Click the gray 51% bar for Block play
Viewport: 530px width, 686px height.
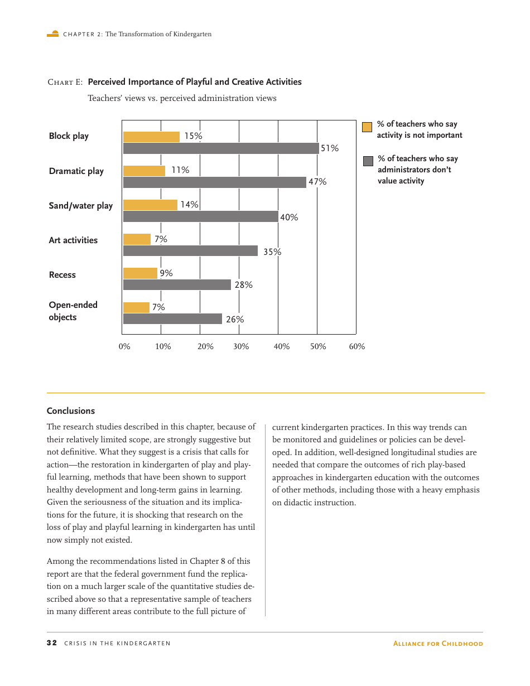pyautogui.click(x=221, y=148)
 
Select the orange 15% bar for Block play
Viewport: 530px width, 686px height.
pyautogui.click(x=151, y=137)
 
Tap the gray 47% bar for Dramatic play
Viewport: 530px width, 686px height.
pyautogui.click(x=214, y=182)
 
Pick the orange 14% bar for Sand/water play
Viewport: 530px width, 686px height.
pyautogui.click(x=150, y=205)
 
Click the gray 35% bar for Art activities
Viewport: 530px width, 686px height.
pyautogui.click(x=190, y=251)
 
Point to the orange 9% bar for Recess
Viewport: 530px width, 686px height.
pyautogui.click(x=140, y=273)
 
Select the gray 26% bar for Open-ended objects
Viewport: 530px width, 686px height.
pyautogui.click(x=172, y=319)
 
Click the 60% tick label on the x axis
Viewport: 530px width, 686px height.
pyautogui.click(x=357, y=347)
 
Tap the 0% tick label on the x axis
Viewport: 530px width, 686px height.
pyautogui.click(x=124, y=347)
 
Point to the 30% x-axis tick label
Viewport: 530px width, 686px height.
pyautogui.click(x=241, y=347)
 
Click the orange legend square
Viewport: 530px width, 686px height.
pyautogui.click(x=367, y=127)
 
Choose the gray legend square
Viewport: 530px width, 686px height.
pyautogui.click(x=368, y=161)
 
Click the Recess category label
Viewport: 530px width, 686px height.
pyautogui.click(x=62, y=275)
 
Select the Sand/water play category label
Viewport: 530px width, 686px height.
pyautogui.click(x=80, y=206)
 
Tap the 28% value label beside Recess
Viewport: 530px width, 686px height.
pyautogui.click(x=243, y=285)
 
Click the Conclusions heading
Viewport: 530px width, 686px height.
pyautogui.click(x=71, y=411)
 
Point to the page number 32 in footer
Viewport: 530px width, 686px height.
pyautogui.click(x=51, y=643)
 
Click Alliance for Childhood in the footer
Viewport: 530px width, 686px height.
pyautogui.click(x=438, y=644)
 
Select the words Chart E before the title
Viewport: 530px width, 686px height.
pyautogui.click(x=65, y=83)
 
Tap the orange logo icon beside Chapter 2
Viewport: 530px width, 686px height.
pyautogui.click(x=53, y=34)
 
